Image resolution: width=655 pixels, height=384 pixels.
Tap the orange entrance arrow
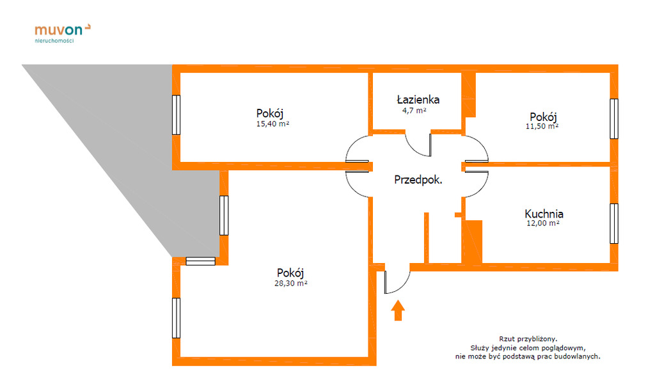(398, 310)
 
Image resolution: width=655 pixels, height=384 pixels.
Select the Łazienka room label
(418, 99)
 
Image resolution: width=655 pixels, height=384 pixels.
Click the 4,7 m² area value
(414, 111)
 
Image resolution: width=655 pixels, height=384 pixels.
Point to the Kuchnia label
(544, 214)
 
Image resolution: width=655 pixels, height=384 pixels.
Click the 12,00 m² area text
(542, 223)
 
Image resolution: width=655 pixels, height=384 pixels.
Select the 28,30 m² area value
(291, 284)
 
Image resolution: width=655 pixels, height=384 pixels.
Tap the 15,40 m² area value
(272, 124)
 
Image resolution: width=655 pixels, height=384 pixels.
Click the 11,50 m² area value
(542, 126)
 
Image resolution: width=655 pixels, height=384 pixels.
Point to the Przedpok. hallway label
(418, 180)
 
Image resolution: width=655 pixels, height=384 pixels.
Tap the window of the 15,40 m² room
(177, 115)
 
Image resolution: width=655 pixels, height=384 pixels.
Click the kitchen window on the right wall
(614, 223)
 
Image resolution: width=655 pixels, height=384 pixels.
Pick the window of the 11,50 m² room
(614, 118)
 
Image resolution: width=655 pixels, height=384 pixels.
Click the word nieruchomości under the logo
(54, 40)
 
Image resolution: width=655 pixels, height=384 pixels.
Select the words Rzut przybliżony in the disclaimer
(528, 339)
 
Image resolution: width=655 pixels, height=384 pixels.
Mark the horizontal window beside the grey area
(200, 261)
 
